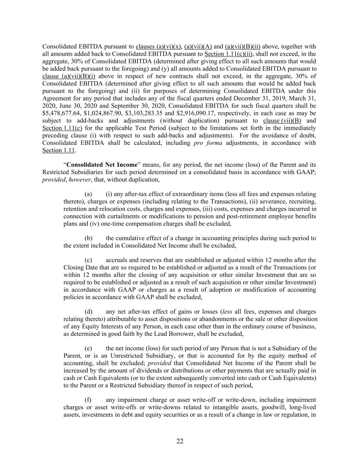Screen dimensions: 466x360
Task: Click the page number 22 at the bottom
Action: (180, 441)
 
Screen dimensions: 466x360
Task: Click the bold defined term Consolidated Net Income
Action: (102, 165)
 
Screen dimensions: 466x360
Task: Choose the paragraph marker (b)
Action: (88, 238)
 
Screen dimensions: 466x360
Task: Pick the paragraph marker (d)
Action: (88, 311)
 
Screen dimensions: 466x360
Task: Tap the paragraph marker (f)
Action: (88, 400)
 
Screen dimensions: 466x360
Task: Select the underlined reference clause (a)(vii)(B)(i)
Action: (69, 76)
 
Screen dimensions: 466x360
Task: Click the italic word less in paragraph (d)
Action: (227, 311)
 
